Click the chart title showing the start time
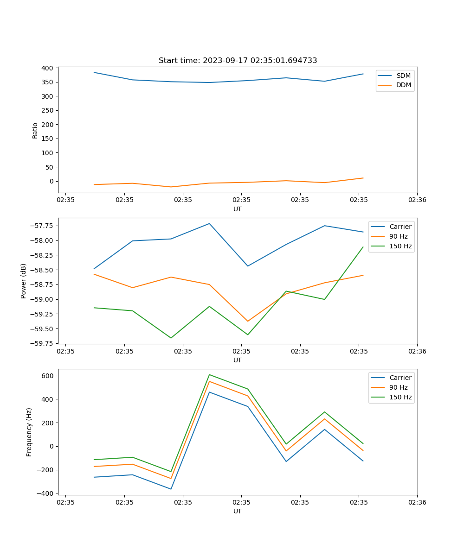pos(238,61)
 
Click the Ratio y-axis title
pos(35,131)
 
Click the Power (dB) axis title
pos(24,281)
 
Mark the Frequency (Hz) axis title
pos(29,432)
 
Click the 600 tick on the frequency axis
pos(47,376)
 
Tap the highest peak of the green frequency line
pos(209,374)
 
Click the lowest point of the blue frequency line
pos(171,489)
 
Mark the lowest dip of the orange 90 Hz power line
pos(248,321)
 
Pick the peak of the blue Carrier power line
pos(209,223)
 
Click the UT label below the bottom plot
pos(238,511)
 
